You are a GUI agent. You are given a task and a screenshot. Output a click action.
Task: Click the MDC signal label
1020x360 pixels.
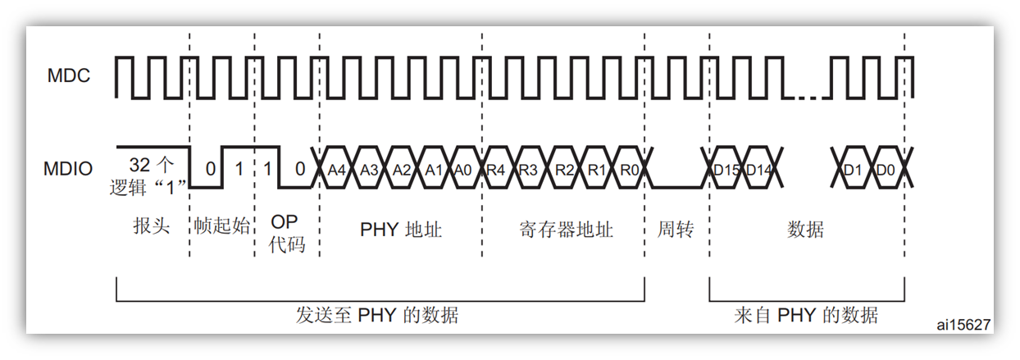point(68,77)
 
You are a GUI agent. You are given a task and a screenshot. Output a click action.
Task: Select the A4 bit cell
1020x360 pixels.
point(336,171)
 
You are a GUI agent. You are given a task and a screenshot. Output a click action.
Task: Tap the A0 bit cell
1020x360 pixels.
point(462,171)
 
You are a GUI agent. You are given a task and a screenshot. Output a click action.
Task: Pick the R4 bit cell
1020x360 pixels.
point(495,171)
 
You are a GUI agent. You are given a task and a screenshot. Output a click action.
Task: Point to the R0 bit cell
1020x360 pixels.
point(627,171)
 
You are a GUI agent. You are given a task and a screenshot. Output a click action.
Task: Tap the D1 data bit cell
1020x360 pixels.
point(852,171)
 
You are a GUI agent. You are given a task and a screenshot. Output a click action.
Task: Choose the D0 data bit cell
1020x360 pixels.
point(886,171)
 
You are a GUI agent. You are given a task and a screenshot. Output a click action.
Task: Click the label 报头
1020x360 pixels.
point(150,226)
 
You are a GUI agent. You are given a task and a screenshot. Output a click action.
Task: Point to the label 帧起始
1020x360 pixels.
point(221,226)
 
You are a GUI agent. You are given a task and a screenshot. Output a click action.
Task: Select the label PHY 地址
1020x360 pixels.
point(401,230)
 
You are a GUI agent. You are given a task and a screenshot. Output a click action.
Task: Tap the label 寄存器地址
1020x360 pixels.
point(566,230)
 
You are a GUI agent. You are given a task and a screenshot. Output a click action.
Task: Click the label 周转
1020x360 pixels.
point(676,230)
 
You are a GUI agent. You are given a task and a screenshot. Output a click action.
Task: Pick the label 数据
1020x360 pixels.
point(805,230)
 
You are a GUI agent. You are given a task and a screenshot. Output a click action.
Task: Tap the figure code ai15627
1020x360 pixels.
point(963,326)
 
